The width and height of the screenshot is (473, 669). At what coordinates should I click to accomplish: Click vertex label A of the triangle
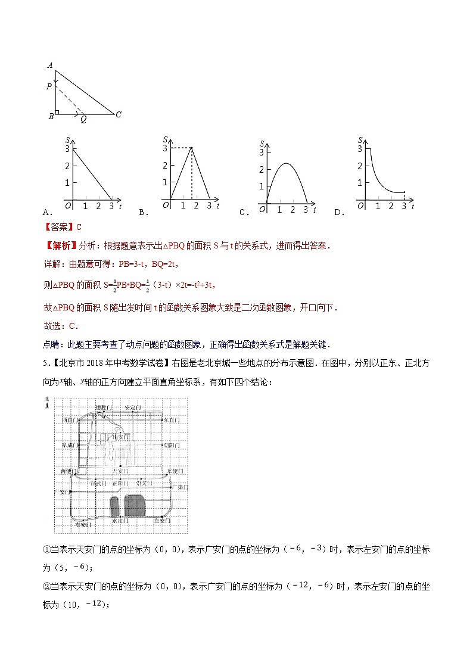tap(50, 66)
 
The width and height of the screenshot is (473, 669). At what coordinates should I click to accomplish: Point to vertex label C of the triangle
tap(119, 114)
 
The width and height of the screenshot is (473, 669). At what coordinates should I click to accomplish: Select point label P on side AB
tap(49, 87)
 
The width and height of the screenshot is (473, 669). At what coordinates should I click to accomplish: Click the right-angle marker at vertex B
tap(57, 111)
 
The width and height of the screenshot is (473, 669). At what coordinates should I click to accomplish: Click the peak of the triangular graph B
tap(191, 148)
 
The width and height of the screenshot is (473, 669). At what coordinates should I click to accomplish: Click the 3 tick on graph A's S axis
tap(67, 149)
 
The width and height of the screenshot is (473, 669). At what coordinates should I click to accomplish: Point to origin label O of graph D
tap(360, 206)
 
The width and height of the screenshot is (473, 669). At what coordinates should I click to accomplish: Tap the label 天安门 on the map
tap(121, 471)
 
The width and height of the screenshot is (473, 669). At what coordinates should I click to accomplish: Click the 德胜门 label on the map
tap(104, 407)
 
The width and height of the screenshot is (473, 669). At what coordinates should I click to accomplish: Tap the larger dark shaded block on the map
tap(135, 505)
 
